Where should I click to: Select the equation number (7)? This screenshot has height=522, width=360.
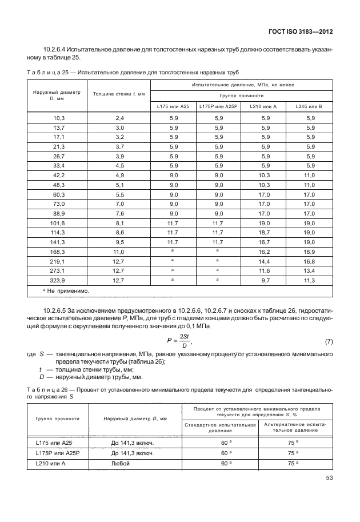coord(329,341)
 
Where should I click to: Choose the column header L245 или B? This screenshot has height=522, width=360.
coord(309,106)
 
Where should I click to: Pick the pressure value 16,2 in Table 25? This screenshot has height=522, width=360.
coord(265,252)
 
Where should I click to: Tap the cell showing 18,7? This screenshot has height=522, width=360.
coord(265,232)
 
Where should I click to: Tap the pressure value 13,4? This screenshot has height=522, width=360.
coord(309,271)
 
